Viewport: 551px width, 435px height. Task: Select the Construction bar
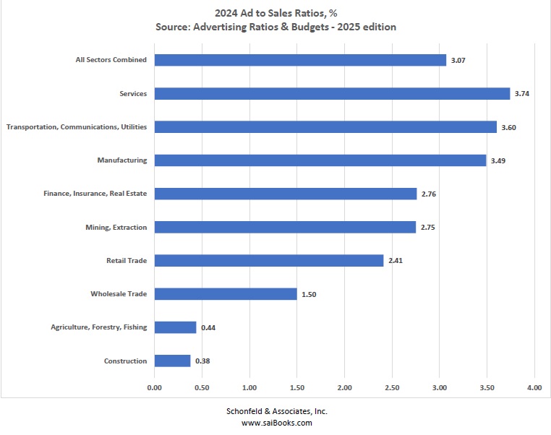click(172, 361)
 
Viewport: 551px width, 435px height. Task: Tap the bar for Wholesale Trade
click(226, 294)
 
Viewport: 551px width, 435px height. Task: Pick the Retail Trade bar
click(269, 260)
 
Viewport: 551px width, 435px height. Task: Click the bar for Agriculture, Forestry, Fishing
click(175, 327)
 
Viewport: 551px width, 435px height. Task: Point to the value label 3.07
click(458, 60)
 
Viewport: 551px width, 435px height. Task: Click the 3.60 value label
click(508, 127)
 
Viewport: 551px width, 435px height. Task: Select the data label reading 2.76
click(428, 194)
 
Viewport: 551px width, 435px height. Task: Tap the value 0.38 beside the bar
click(202, 361)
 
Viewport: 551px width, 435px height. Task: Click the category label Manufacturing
click(121, 160)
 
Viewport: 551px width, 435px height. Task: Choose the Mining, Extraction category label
click(116, 228)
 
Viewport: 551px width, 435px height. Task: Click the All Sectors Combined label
click(111, 60)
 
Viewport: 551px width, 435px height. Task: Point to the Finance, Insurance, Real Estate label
click(95, 194)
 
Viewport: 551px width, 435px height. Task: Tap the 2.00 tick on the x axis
click(344, 388)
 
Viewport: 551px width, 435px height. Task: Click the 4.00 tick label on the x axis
click(534, 388)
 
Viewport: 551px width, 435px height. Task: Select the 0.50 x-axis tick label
click(202, 388)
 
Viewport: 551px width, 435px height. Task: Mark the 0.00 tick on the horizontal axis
click(154, 388)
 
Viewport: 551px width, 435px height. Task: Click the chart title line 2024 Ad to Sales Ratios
click(275, 12)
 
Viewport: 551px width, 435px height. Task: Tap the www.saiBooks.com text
click(275, 423)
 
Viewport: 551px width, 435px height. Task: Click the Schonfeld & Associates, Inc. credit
click(275, 410)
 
